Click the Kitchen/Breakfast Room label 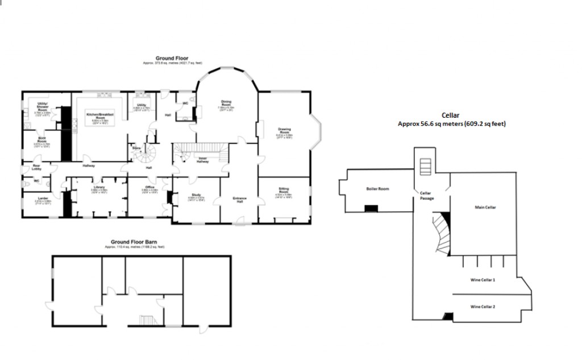(100, 116)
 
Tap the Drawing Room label (285, 131)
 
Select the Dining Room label (226, 104)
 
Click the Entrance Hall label (239, 200)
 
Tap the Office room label (149, 187)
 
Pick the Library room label (100, 187)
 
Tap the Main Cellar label (485, 208)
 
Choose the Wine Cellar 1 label (483, 280)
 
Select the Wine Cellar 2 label (483, 307)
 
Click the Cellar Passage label (426, 195)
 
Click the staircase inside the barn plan (147, 320)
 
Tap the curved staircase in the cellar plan (440, 233)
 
